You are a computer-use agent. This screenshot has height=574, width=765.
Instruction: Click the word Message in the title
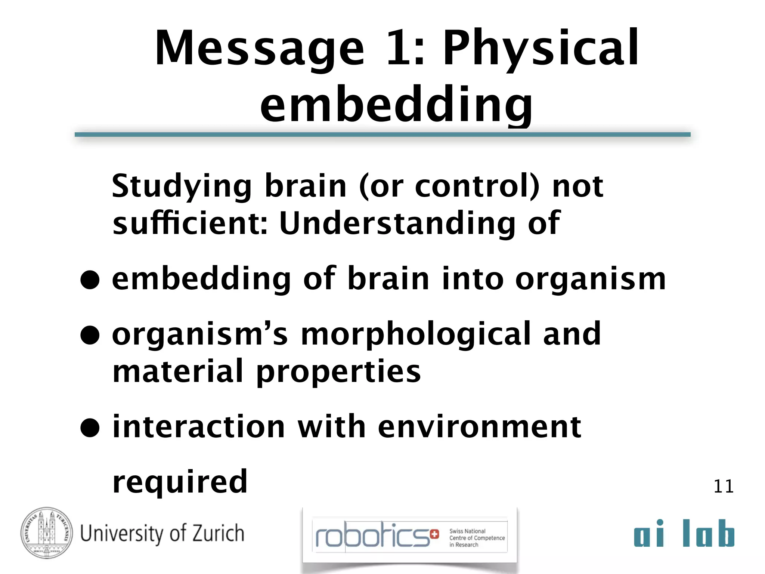pos(259,49)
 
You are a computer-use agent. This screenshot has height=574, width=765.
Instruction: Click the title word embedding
pos(396,105)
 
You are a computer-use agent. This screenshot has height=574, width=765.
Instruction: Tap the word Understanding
pos(397,223)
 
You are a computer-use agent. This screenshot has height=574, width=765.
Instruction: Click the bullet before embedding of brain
pos(90,280)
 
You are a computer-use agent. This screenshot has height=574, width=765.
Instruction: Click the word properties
pos(338,372)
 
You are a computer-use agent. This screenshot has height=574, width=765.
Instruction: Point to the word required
pos(180,482)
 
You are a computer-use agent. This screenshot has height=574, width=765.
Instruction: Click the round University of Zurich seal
pos(47,533)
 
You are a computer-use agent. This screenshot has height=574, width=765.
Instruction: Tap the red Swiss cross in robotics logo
pos(434,534)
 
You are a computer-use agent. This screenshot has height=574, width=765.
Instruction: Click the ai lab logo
pos(684,533)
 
